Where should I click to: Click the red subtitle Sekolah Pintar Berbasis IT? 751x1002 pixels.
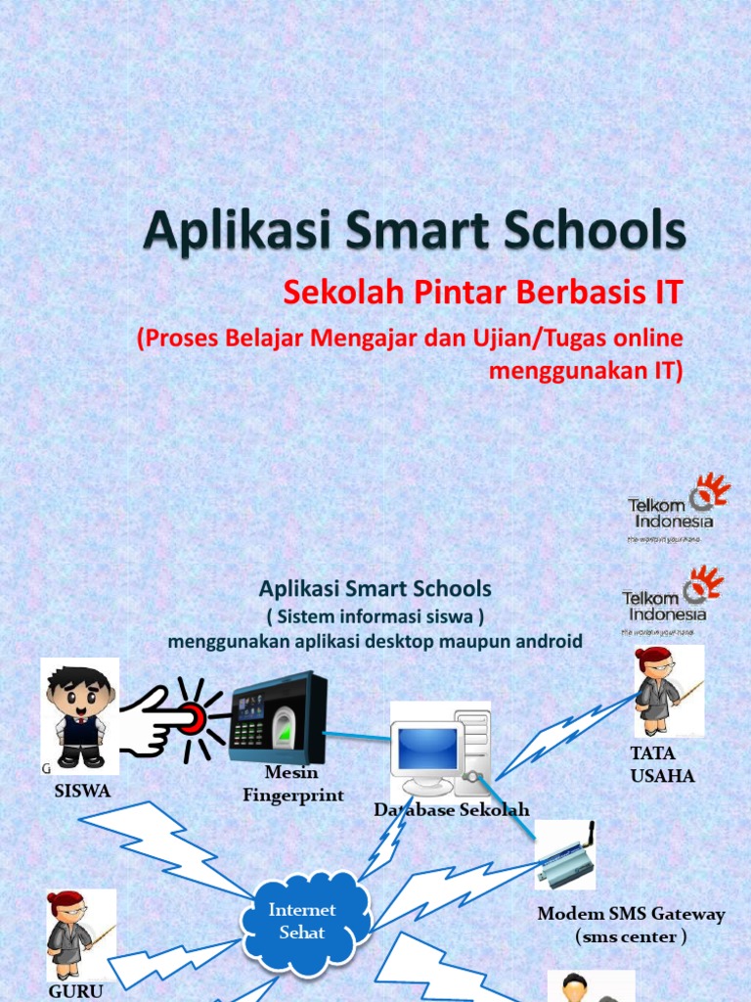pos(481,292)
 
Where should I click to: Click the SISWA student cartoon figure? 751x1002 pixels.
pos(80,715)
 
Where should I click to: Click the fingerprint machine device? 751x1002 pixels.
pos(276,716)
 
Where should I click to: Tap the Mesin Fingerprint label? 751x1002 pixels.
pos(292,784)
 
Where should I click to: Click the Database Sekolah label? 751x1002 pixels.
pos(452,809)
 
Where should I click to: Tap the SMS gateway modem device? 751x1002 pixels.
pos(565,858)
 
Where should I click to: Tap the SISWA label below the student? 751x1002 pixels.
pos(82,791)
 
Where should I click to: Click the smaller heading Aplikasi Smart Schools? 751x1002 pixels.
pos(375,589)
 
